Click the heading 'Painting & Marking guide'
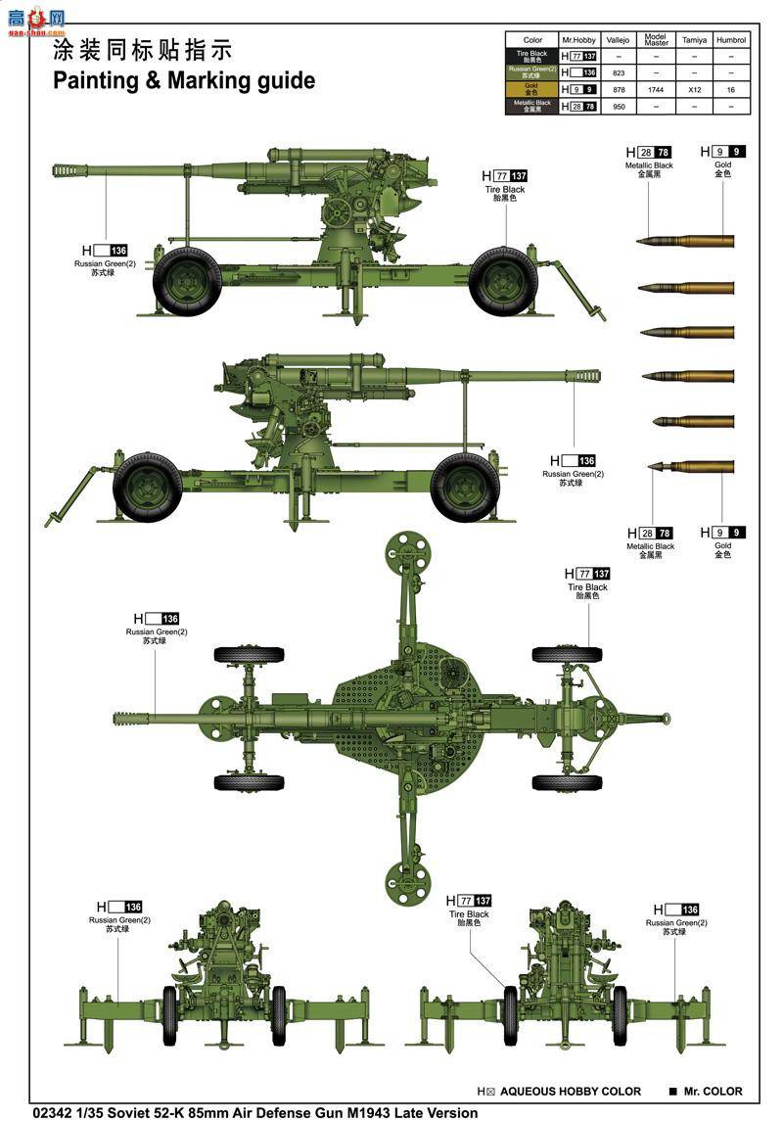coord(184,80)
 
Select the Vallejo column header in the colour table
coord(618,40)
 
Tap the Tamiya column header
coord(694,40)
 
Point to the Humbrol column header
coord(730,40)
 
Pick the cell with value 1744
coord(656,89)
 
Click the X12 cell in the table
coord(694,89)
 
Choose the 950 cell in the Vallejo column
coord(618,106)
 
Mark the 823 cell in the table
coord(618,72)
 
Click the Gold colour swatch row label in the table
coord(532,89)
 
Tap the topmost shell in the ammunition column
coord(684,241)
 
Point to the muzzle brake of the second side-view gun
coord(584,375)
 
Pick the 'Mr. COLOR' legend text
coord(713,1092)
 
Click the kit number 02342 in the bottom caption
coord(51,1112)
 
